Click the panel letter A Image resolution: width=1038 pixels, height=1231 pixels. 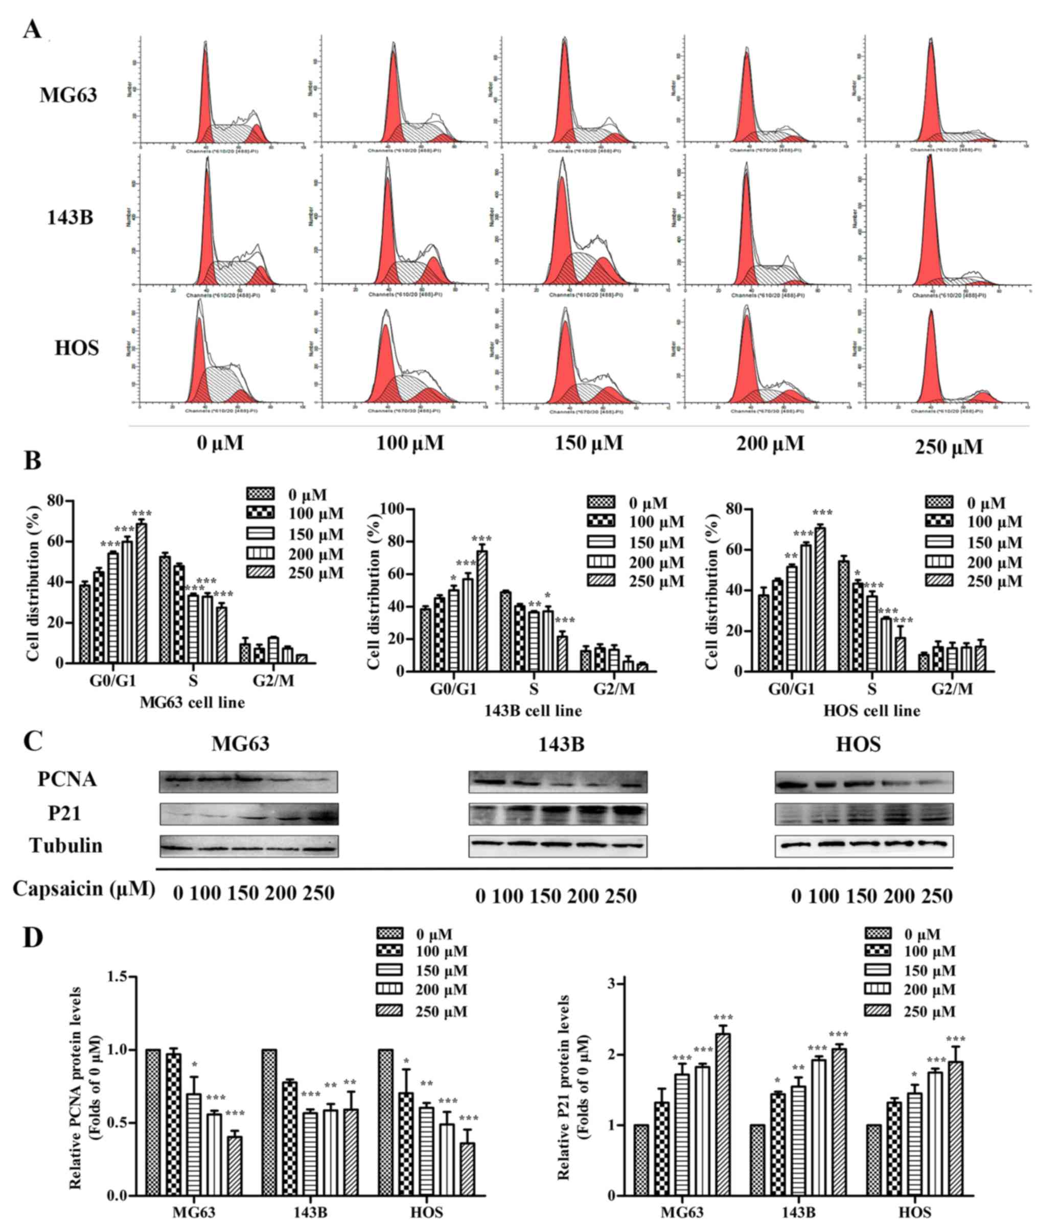32,28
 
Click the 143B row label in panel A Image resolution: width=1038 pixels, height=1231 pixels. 70,218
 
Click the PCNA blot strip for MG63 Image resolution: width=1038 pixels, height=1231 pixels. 248,781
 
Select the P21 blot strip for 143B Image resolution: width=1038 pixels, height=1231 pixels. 558,814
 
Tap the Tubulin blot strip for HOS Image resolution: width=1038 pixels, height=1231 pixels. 864,845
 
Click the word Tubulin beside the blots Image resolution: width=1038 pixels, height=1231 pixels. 66,845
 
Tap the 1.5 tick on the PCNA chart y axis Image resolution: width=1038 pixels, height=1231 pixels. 120,977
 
